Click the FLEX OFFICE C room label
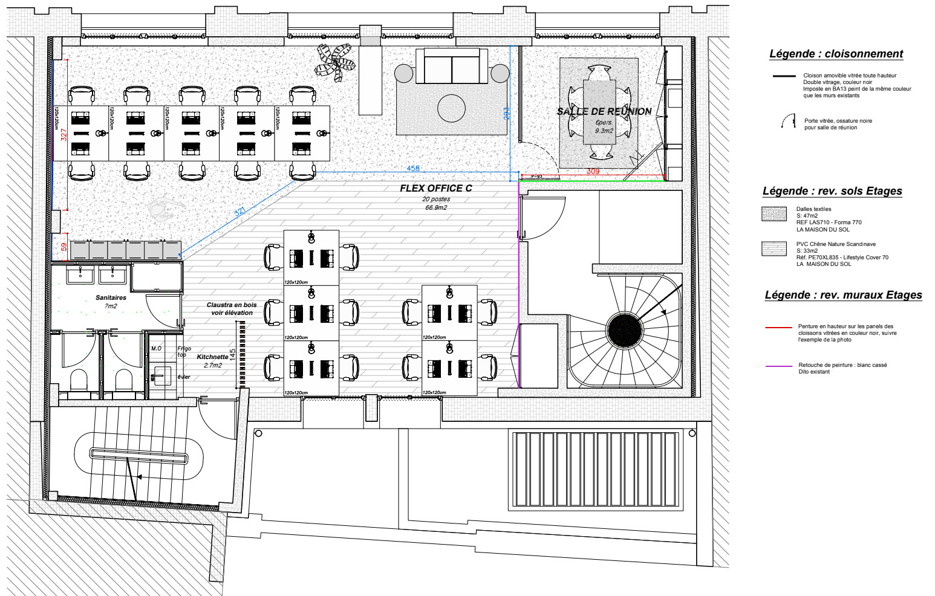coord(435,189)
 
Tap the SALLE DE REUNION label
coord(604,112)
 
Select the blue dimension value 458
coord(413,169)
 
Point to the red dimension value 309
coord(593,172)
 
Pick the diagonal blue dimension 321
coord(240,212)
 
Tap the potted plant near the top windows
coord(334,61)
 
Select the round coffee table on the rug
coord(451,108)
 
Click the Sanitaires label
coord(111,298)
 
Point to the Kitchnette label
coord(212,357)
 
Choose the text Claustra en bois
coord(232,305)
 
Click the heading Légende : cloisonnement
coord(836,54)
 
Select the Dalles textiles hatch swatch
coord(774,214)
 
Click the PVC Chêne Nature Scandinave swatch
coord(774,249)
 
